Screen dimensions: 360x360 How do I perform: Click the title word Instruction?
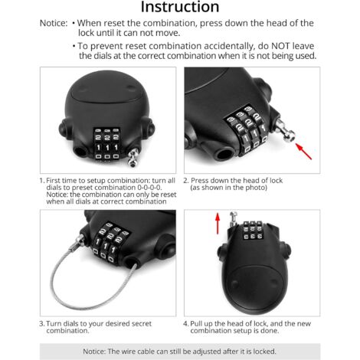click(181, 8)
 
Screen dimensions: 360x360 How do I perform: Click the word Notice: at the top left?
click(53, 25)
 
